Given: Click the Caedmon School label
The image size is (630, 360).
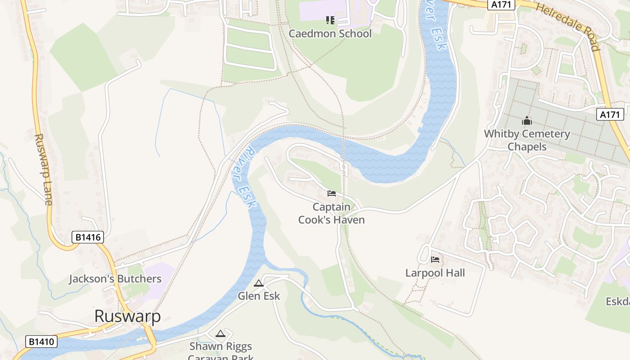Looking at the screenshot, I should (330, 34).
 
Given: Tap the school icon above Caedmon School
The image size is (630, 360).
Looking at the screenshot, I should (330, 20).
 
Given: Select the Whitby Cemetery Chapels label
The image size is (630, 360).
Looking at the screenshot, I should (526, 140).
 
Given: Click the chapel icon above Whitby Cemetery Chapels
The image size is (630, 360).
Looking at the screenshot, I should (526, 121).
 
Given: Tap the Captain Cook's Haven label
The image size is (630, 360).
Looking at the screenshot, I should (331, 213).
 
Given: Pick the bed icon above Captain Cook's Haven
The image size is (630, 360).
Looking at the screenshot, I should (332, 193).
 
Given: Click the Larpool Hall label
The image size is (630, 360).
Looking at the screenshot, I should (435, 273).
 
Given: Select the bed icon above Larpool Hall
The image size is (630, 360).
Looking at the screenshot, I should (435, 259).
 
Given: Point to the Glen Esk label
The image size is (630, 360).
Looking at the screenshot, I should (259, 296).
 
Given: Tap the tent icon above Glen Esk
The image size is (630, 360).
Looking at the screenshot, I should (258, 283).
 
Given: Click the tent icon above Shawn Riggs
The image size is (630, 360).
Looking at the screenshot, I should (220, 333).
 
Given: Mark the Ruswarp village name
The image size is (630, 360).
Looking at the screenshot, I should (127, 316).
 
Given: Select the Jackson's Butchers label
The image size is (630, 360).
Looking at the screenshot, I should (115, 279).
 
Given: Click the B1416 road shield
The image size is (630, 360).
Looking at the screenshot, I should (87, 237).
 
